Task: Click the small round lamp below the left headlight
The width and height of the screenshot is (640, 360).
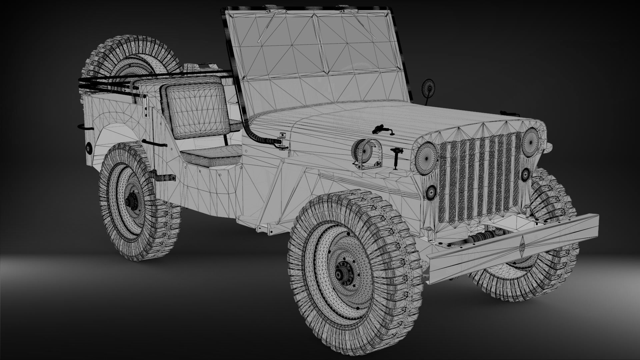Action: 431,192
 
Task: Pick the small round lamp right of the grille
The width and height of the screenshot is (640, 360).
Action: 526,174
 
